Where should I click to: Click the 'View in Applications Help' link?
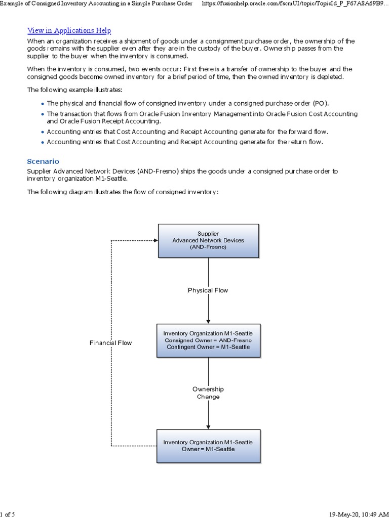tap(69, 31)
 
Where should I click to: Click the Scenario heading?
tap(43, 161)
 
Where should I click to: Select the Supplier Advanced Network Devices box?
tap(208, 240)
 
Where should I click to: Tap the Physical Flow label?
tap(208, 290)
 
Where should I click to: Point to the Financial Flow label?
tap(110, 343)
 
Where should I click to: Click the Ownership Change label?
tap(208, 393)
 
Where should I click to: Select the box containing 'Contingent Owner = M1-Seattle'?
tap(208, 340)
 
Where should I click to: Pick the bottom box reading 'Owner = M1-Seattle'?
tap(208, 446)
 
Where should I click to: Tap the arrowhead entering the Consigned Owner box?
tap(208, 321)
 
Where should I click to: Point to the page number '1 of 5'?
tap(8, 514)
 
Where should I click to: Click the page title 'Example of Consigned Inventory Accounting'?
tap(96, 4)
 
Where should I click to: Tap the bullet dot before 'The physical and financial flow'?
tap(42, 104)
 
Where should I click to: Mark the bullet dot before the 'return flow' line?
tap(42, 142)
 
